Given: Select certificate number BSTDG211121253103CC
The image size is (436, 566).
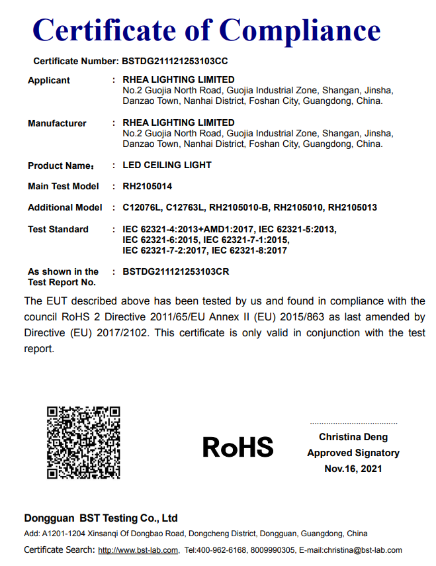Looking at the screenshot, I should (175, 61).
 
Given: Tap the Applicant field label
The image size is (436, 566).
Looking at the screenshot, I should (49, 80).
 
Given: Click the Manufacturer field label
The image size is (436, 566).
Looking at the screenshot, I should (57, 123).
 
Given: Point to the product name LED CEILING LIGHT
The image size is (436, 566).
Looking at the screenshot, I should (167, 165).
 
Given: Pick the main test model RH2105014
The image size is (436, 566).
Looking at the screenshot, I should (148, 186).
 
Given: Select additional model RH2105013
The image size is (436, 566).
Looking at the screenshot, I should (353, 207).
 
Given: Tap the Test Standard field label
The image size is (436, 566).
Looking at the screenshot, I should (58, 229).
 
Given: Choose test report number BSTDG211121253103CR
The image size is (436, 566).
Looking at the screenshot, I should (176, 271).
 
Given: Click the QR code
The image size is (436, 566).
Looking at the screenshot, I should (83, 442).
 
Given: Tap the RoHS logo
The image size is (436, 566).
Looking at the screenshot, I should (238, 447).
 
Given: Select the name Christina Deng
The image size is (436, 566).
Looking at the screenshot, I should (353, 437).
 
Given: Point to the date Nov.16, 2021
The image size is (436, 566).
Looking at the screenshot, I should (353, 469).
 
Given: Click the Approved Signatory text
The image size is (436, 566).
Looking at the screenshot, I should (353, 453).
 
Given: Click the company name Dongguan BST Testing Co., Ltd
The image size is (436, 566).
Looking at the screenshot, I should (101, 518).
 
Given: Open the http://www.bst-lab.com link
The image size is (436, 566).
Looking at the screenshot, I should (138, 550).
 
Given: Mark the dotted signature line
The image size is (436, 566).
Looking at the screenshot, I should (353, 422).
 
